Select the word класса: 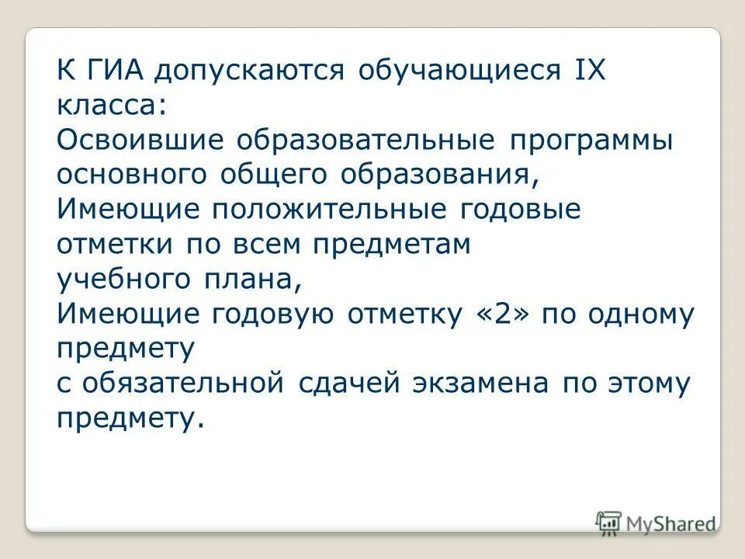tap(111, 106)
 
